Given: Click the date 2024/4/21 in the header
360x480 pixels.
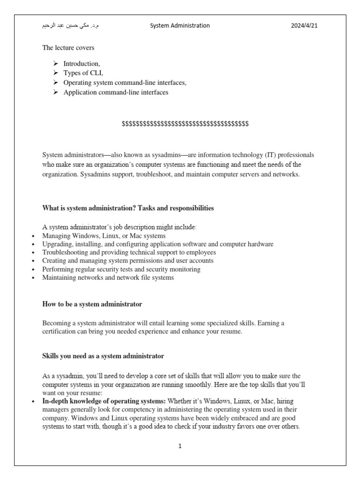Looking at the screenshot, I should click(304, 26).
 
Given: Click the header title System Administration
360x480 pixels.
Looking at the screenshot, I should click(180, 26).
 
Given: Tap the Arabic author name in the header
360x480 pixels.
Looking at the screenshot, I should click(70, 26).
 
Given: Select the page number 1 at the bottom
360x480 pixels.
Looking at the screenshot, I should click(180, 446).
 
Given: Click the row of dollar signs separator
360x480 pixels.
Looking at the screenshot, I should click(185, 123).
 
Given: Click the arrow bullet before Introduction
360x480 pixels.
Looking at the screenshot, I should click(55, 63).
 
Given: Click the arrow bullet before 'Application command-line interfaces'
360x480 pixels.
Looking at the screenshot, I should click(55, 92).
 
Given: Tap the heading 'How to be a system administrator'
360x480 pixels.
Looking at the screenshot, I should click(92, 304).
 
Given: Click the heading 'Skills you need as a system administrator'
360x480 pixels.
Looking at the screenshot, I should click(103, 356).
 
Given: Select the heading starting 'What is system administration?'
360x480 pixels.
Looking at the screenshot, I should click(128, 208).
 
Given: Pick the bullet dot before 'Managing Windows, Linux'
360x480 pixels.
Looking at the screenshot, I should click(32, 236).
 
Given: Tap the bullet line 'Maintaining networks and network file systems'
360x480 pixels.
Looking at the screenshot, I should click(108, 277).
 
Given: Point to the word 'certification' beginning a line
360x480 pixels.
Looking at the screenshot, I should click(60, 331).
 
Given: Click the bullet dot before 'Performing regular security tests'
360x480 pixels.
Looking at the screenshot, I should click(32, 270).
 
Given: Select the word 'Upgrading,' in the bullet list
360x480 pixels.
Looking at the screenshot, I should click(57, 244).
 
